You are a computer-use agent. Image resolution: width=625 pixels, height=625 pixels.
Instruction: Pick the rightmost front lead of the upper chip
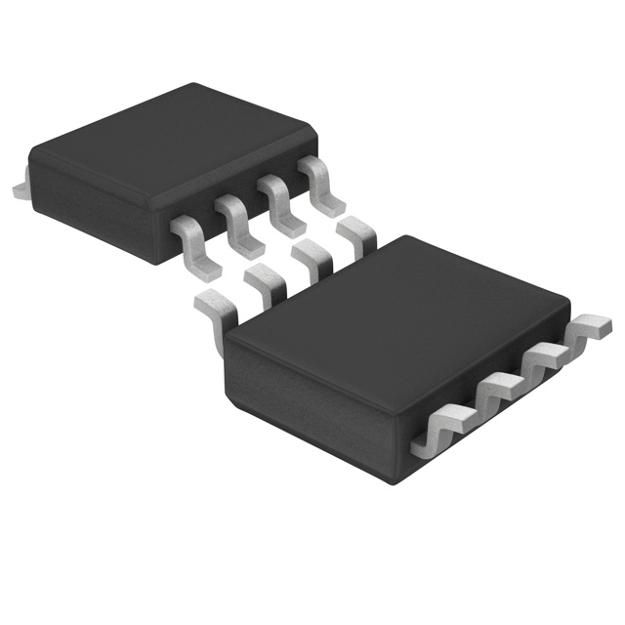click(x=322, y=181)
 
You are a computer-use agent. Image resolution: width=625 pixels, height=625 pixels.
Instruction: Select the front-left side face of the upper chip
click(x=88, y=205)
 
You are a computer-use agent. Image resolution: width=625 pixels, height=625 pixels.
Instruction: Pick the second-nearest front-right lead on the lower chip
click(x=498, y=391)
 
